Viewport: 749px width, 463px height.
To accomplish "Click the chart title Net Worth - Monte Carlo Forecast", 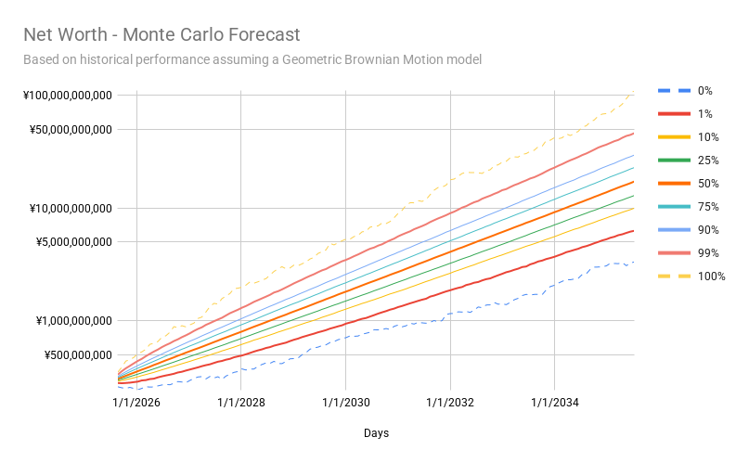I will [161, 35].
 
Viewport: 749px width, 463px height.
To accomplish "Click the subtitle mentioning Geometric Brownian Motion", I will [252, 60].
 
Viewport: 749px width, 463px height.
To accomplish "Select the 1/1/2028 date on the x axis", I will [241, 403].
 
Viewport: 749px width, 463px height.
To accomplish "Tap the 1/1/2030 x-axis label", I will [346, 403].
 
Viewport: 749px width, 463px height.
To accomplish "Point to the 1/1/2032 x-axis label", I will [450, 403].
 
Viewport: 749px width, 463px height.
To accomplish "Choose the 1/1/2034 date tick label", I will [555, 403].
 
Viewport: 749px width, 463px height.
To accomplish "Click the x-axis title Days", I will [376, 433].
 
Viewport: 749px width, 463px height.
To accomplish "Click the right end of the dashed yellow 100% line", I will [634, 92].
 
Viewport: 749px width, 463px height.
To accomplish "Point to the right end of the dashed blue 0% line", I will [634, 263].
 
